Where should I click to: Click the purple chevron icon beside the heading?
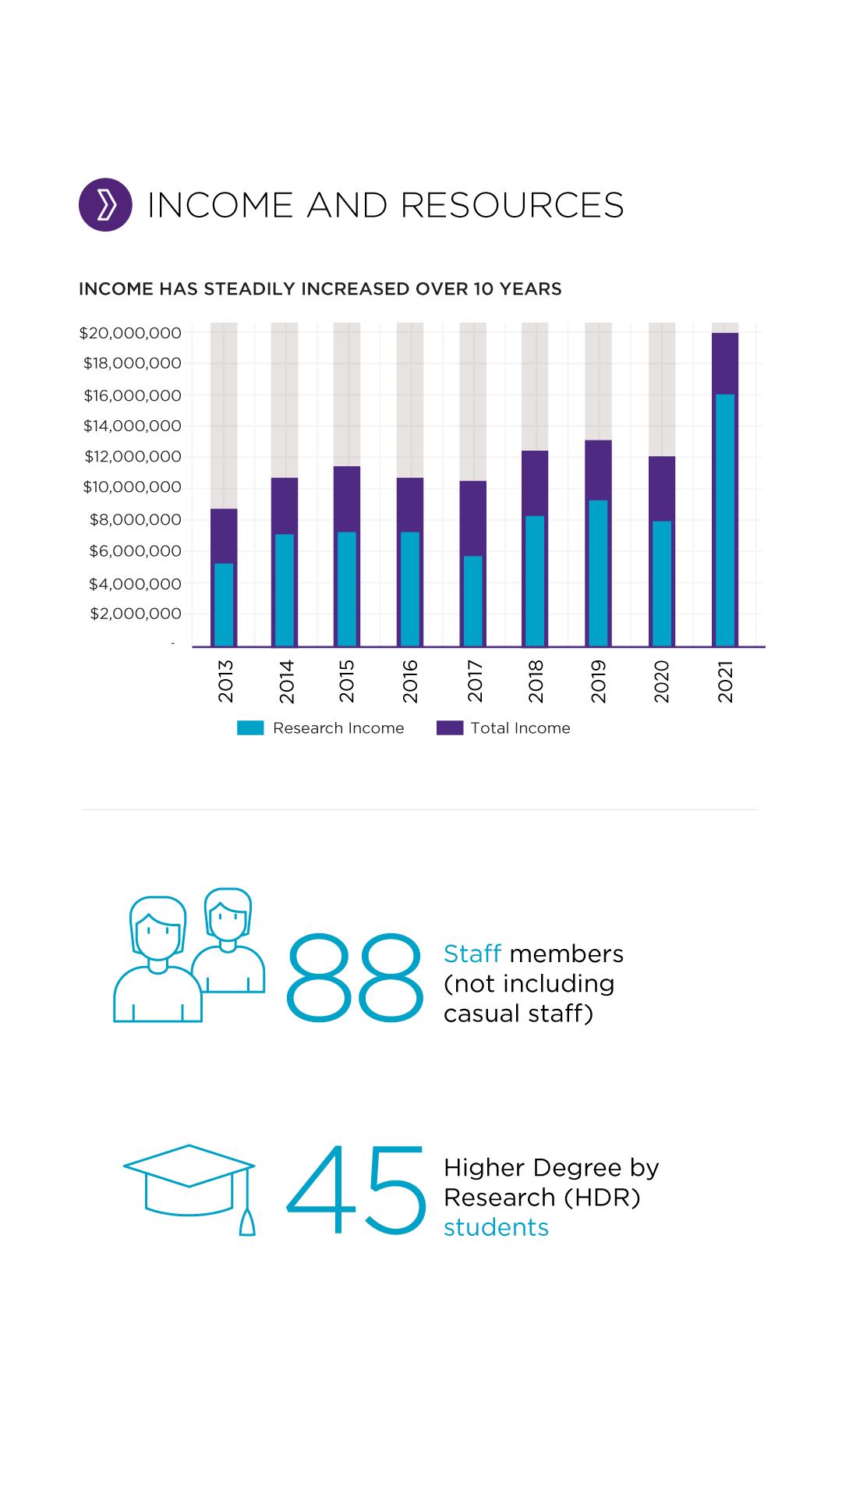[x=105, y=205]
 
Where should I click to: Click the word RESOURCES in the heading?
[x=511, y=206]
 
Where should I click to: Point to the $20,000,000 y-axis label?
[x=130, y=333]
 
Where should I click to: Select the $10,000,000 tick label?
[x=132, y=487]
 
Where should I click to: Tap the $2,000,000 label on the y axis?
[x=136, y=614]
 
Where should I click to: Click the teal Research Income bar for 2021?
[x=725, y=520]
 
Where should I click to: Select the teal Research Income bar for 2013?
[x=224, y=604]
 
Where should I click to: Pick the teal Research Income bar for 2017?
[x=473, y=600]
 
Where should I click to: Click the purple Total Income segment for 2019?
[x=598, y=469]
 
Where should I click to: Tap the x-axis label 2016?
[x=411, y=681]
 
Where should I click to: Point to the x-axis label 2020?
[x=662, y=681]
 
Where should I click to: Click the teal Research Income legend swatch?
[x=250, y=728]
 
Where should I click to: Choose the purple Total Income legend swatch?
[x=450, y=728]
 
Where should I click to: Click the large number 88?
[x=355, y=978]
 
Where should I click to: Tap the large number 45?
[x=356, y=1190]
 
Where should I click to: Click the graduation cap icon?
[x=189, y=1180]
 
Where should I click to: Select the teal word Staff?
[x=472, y=954]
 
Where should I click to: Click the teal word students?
[x=496, y=1227]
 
